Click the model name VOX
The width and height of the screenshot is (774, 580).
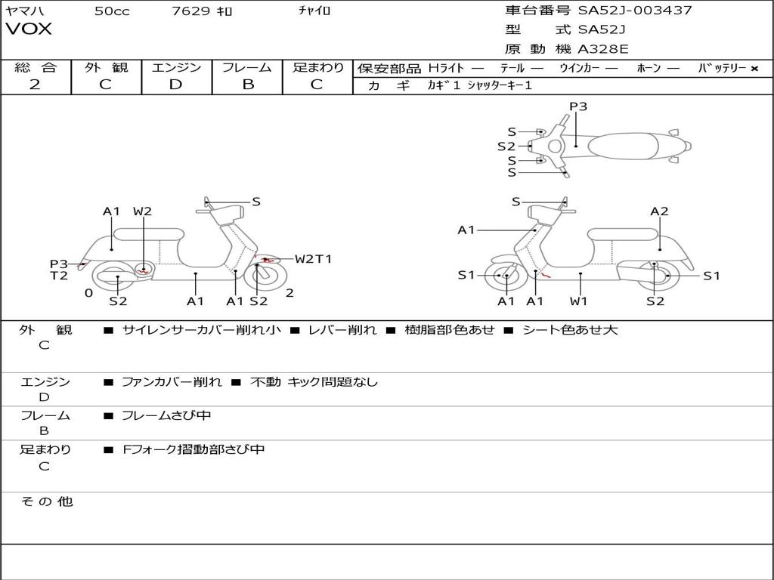[29, 29]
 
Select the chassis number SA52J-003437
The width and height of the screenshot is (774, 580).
[635, 11]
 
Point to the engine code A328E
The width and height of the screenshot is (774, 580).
[603, 50]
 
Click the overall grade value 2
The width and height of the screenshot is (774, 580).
[35, 85]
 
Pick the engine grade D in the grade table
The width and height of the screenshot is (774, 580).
[175, 85]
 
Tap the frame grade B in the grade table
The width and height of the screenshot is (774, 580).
[247, 85]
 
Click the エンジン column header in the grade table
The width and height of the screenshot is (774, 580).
[176, 68]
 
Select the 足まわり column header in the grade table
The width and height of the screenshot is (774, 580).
[318, 68]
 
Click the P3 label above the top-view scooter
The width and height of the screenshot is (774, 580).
[578, 106]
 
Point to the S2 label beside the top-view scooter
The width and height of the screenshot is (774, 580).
[506, 147]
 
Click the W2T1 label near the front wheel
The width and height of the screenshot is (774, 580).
[313, 259]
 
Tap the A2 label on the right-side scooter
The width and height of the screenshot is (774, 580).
[659, 211]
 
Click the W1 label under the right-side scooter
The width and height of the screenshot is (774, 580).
[579, 301]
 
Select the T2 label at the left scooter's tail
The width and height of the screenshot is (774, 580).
[59, 276]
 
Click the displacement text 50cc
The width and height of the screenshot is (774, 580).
[112, 11]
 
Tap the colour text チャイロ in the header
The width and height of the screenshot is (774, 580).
[314, 11]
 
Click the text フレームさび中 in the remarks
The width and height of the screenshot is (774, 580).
[166, 415]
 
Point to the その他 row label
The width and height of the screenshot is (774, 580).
[47, 501]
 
